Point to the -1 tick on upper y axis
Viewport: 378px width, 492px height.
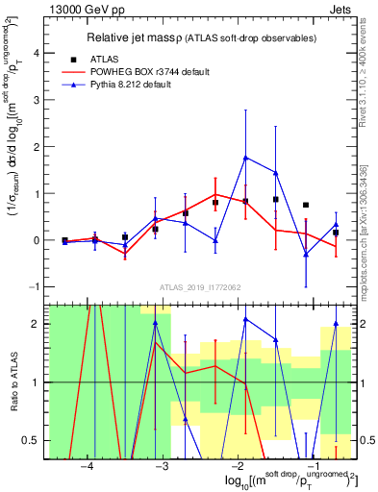click(x=37, y=286)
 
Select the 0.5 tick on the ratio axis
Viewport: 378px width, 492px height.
click(x=35, y=440)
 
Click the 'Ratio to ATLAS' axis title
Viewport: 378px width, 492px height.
click(x=13, y=381)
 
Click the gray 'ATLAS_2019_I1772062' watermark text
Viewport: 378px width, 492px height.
click(x=199, y=287)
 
